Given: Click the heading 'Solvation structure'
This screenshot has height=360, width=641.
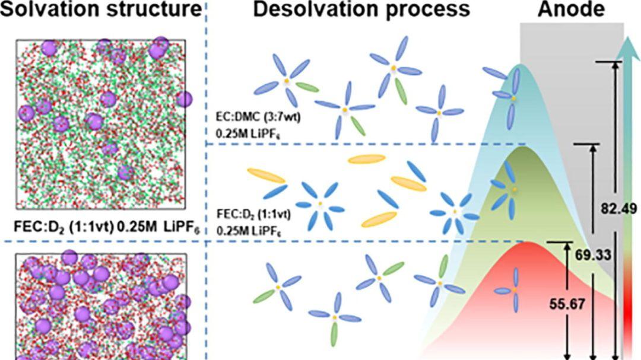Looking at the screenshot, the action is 100,9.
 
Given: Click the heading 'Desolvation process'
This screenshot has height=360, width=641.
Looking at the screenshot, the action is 361,9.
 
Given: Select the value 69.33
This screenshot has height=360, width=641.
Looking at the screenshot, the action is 594,256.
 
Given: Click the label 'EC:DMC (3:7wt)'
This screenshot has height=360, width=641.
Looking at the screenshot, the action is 258,117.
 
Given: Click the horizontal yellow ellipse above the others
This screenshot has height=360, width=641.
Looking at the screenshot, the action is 367,158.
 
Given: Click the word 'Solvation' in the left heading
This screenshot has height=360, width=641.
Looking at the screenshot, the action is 53,9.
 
